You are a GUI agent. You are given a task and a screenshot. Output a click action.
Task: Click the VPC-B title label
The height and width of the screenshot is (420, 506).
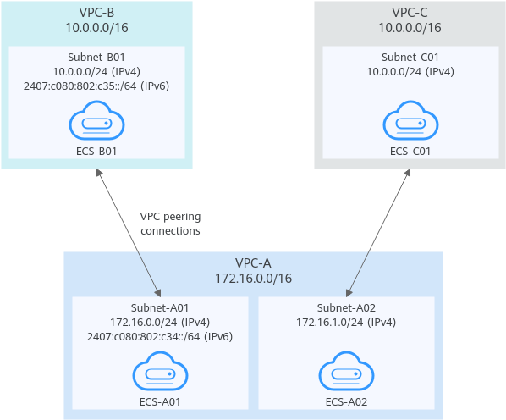tap(96, 13)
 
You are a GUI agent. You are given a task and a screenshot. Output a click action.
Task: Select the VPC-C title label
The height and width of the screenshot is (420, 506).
tap(410, 13)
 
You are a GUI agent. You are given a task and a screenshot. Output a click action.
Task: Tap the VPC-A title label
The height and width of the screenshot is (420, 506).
tap(253, 263)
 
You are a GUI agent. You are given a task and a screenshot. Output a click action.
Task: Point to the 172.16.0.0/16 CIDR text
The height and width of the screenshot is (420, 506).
tap(253, 279)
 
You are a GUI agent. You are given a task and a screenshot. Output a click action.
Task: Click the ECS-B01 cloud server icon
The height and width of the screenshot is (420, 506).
tap(96, 120)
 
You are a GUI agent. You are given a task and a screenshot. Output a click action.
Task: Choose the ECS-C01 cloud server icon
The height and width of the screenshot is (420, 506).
tap(410, 120)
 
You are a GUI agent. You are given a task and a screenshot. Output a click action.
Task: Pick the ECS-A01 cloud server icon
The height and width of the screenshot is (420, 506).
tap(160, 371)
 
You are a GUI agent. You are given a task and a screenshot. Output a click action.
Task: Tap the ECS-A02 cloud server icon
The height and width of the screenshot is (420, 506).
tap(346, 371)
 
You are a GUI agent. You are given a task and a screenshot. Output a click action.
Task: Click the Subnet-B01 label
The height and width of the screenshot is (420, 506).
tap(96, 57)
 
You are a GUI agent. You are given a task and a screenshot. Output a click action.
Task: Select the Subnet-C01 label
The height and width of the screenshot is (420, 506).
tap(410, 57)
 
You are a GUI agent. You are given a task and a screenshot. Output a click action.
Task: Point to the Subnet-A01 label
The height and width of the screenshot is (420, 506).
tap(160, 308)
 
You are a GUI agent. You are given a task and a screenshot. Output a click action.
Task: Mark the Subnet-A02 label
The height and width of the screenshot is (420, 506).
tap(346, 308)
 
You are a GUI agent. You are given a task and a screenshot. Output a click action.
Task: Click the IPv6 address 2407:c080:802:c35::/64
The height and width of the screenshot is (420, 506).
tap(80, 86)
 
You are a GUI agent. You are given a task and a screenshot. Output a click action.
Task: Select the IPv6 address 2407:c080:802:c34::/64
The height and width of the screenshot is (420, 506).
tap(143, 337)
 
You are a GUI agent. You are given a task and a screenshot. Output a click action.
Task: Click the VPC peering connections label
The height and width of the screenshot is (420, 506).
tap(170, 224)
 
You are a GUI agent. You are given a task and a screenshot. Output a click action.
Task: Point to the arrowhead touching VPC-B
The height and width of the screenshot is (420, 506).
tap(99, 173)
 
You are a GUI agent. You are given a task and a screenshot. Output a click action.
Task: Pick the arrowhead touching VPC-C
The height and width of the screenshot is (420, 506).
tap(408, 173)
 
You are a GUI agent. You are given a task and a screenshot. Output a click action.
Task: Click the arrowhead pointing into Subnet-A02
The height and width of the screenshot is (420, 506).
tap(349, 293)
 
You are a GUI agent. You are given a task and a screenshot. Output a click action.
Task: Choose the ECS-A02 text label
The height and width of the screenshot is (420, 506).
tap(346, 402)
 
